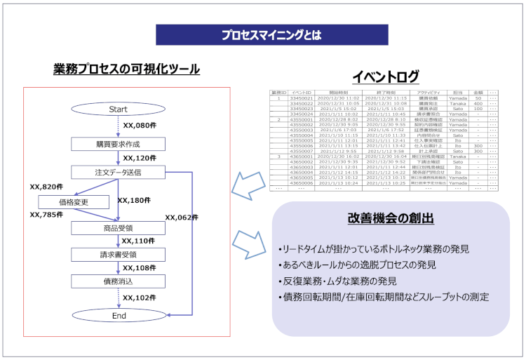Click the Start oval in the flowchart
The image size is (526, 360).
point(118,109)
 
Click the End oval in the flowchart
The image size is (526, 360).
point(118,316)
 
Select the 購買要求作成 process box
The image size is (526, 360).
point(118,144)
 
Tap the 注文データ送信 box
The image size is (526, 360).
point(118,171)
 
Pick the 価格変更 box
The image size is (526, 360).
point(74,201)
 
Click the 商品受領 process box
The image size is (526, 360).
point(118,227)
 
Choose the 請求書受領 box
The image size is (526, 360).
point(118,254)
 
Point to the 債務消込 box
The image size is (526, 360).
point(118,281)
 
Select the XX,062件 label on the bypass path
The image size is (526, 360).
point(182,218)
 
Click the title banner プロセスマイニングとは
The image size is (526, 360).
point(271,34)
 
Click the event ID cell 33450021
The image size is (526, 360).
point(301,98)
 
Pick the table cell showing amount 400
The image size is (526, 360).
point(478,104)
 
